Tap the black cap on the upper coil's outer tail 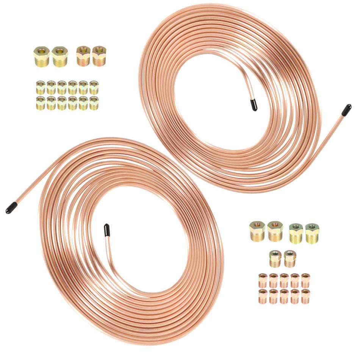click(346, 110)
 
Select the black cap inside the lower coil click(106, 230)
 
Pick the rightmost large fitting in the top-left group click(99, 56)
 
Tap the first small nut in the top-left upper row click(41, 87)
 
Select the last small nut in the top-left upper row click(94, 87)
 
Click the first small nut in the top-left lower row click(41, 103)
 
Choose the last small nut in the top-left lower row click(94, 103)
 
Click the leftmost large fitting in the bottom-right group click(257, 231)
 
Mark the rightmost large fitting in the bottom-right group click(312, 233)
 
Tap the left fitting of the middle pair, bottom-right click(275, 258)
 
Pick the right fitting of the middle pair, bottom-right click(290, 258)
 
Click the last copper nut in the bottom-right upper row click(305, 280)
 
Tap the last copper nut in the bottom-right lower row click(305, 296)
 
